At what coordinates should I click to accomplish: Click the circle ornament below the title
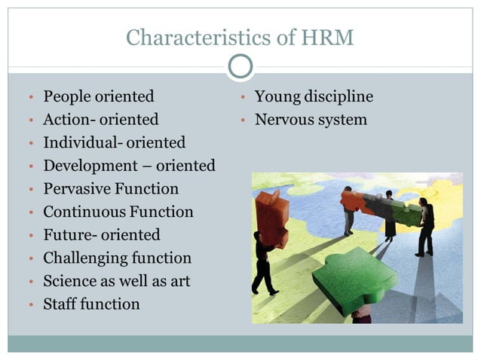tap(240, 67)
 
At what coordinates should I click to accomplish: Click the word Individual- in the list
tap(82, 142)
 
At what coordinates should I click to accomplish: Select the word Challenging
tap(85, 258)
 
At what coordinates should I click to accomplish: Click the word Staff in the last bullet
tap(60, 304)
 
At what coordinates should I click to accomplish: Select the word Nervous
tap(286, 119)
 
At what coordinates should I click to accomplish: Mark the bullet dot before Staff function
tap(31, 306)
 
